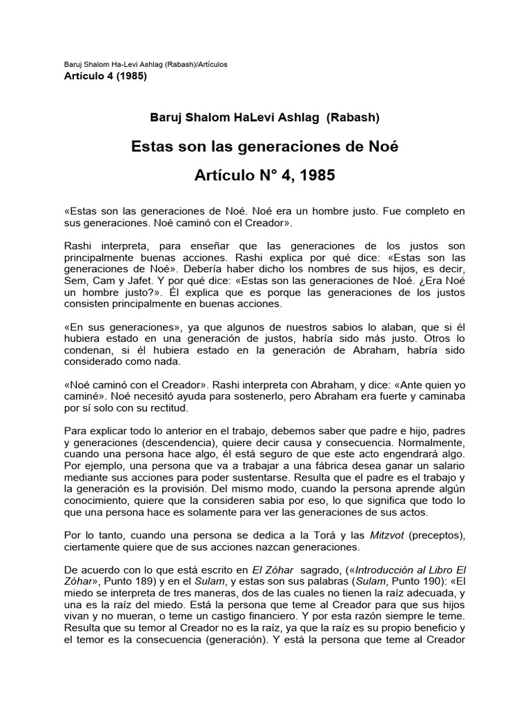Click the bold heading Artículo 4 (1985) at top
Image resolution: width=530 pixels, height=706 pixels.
pos(105,76)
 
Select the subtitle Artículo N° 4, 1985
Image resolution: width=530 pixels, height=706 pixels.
pos(265,176)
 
